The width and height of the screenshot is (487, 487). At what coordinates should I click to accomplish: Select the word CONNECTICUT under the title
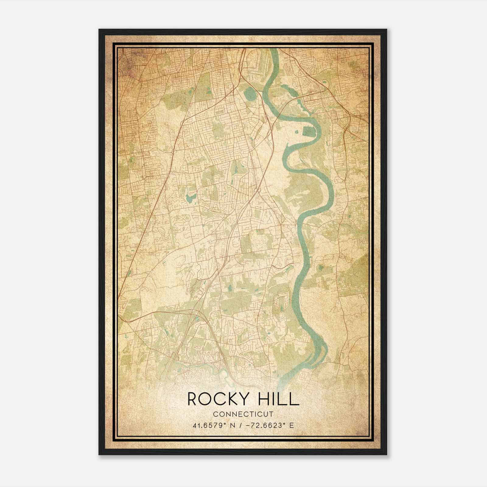243,414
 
